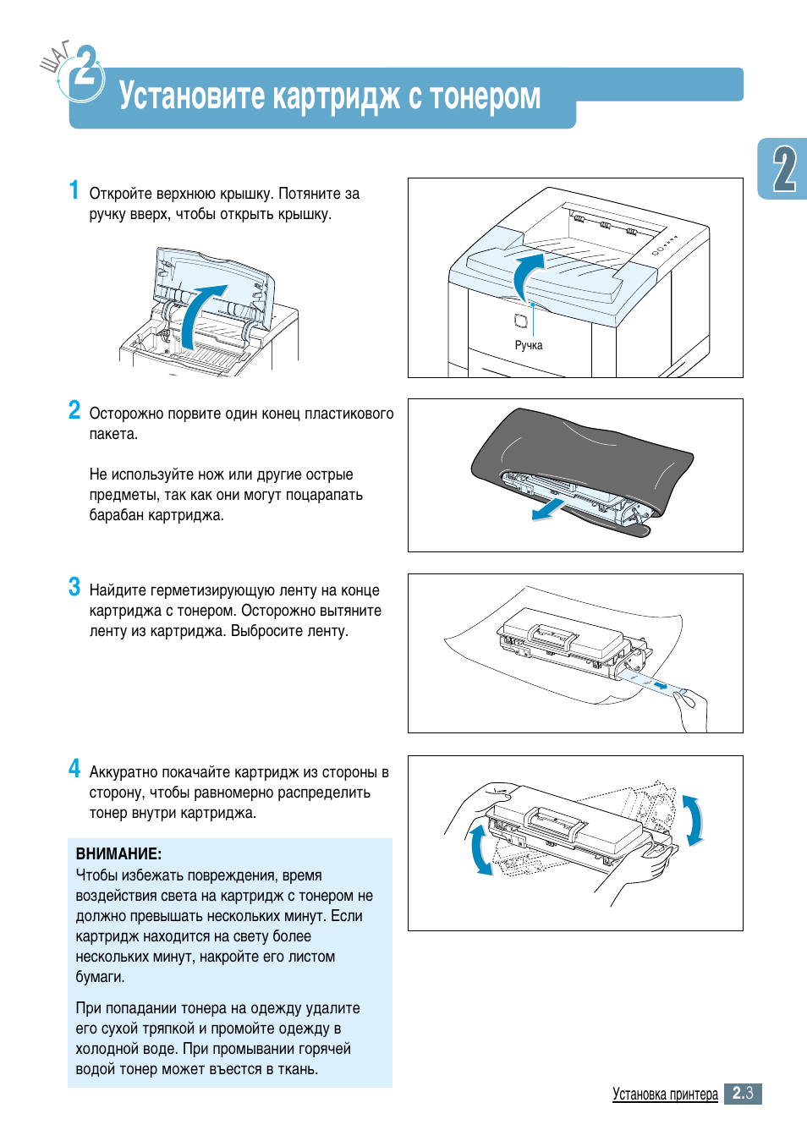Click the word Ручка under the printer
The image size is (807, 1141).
pos(529,345)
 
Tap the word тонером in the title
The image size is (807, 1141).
pos(486,96)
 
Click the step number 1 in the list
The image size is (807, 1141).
pos(74,190)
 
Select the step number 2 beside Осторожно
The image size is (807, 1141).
pos(74,410)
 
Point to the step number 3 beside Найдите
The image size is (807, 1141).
pos(74,587)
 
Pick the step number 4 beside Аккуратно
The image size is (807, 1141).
pos(74,769)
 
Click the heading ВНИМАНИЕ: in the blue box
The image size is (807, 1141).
pos(118,854)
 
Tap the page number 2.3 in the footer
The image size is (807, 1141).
pos(743,1094)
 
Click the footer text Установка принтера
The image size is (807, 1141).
pos(665,1094)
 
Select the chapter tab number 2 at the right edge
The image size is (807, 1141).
pos(784,169)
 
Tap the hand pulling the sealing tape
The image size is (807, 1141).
pos(693,709)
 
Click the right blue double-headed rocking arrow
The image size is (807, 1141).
pos(693,820)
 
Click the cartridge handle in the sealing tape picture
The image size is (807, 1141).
pos(553,634)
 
